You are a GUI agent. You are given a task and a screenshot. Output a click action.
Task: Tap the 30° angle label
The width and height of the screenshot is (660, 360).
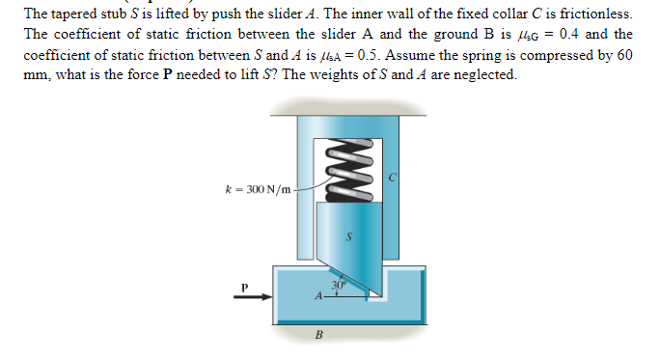pos(338,284)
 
